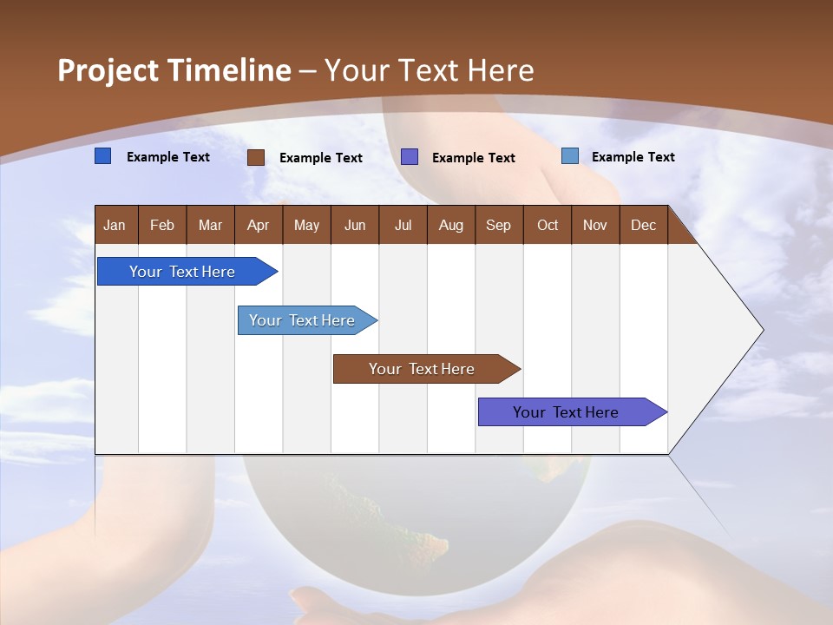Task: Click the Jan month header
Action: click(x=115, y=225)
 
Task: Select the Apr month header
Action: click(x=258, y=225)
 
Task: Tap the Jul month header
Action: click(x=403, y=225)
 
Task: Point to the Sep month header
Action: click(x=498, y=225)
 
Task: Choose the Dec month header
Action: click(x=643, y=225)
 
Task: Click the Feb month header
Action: click(x=162, y=225)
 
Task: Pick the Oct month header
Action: click(x=548, y=225)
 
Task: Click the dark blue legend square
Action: click(x=102, y=156)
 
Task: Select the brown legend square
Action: click(x=255, y=157)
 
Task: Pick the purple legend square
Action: click(x=410, y=156)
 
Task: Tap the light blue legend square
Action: click(x=569, y=156)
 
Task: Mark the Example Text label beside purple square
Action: click(x=473, y=157)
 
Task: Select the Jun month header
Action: click(x=355, y=225)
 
